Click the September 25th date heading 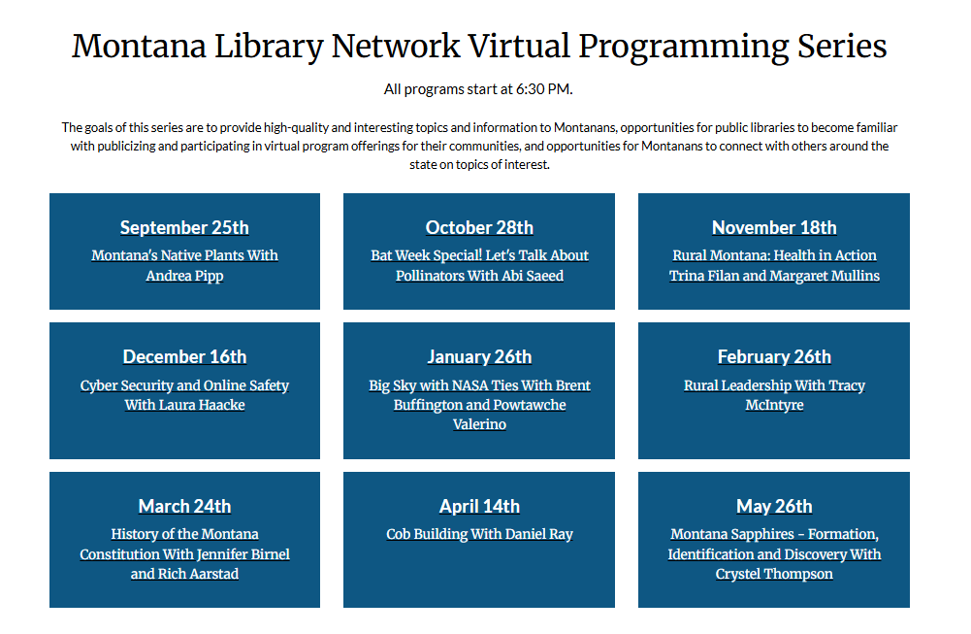tap(184, 228)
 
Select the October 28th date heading tap(479, 228)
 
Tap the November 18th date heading tap(774, 228)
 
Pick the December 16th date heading tap(184, 357)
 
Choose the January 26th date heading tap(479, 357)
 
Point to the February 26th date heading tap(774, 357)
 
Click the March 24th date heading tap(184, 507)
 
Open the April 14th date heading tap(479, 507)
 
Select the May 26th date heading tap(774, 507)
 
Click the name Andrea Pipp tap(184, 276)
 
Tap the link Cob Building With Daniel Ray tap(479, 535)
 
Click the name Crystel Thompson tap(774, 574)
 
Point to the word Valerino tap(479, 424)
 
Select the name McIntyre tap(774, 405)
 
